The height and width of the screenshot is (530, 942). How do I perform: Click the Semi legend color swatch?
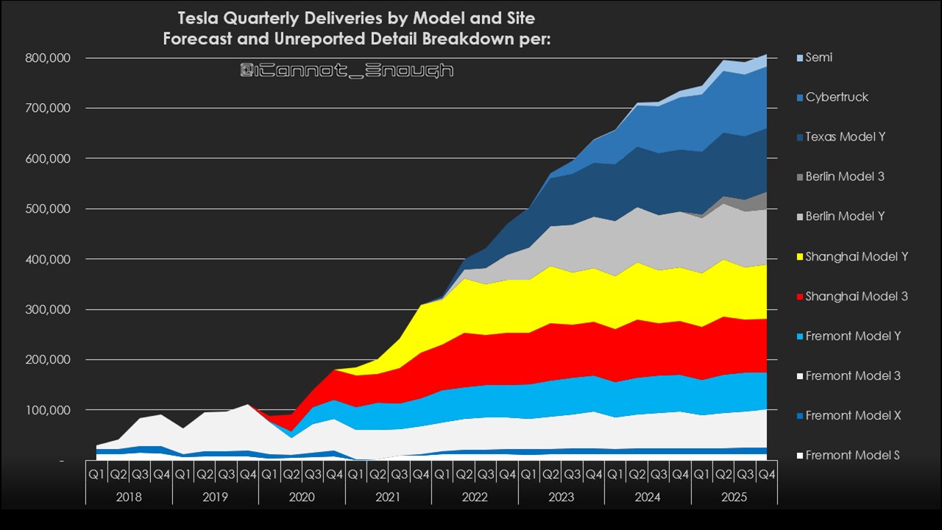(x=800, y=57)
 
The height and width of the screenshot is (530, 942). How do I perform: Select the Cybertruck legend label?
(x=837, y=97)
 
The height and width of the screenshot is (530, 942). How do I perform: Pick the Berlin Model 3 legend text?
(x=845, y=177)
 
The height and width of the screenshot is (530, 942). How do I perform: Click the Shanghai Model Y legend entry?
(x=857, y=256)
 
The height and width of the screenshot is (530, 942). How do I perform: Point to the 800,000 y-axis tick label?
(x=46, y=58)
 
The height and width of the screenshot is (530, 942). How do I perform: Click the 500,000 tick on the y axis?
(x=46, y=209)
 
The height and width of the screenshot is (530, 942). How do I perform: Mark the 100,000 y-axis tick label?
(x=46, y=410)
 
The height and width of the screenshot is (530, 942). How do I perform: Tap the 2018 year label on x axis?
(x=129, y=498)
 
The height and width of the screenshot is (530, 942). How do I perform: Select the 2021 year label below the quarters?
(x=389, y=498)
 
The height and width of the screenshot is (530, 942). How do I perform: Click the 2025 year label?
(x=734, y=498)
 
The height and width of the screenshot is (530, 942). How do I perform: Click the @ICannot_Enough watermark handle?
(x=347, y=71)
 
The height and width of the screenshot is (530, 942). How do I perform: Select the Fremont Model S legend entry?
(x=852, y=455)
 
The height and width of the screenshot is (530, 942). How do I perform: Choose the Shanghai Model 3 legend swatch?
(x=800, y=296)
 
